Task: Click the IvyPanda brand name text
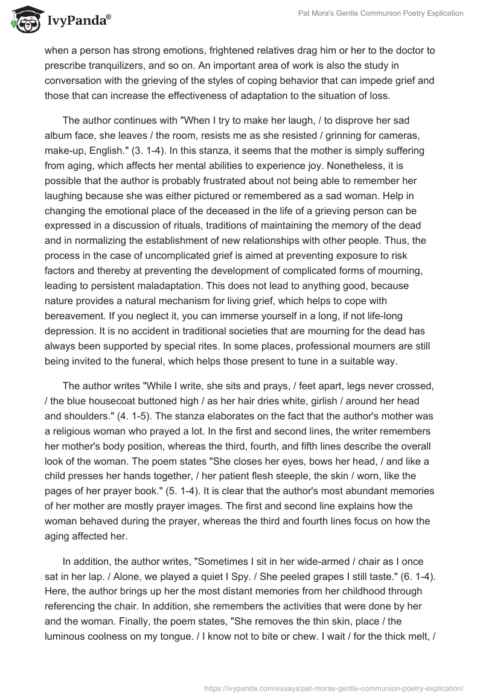[77, 22]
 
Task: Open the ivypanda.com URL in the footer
[333, 687]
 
